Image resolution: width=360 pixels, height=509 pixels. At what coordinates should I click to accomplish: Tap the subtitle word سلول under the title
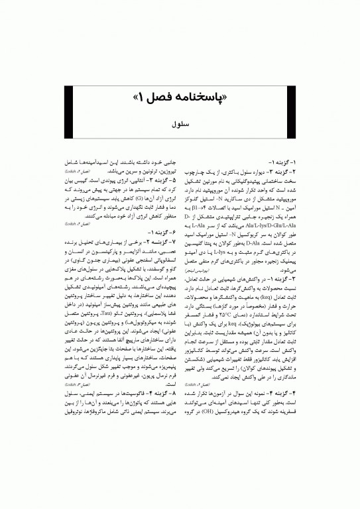pos(180,125)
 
